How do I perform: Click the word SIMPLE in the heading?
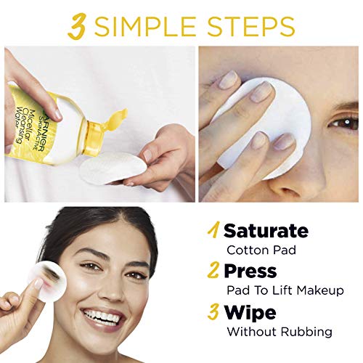click(144, 26)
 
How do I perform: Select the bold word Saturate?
click(266, 231)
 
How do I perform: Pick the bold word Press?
click(250, 271)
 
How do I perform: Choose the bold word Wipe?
click(250, 313)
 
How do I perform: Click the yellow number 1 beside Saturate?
click(213, 230)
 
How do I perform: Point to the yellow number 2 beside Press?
click(213, 271)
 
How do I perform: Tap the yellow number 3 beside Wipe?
click(213, 312)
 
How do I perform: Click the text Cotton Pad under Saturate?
click(261, 250)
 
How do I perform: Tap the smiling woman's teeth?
click(105, 315)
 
